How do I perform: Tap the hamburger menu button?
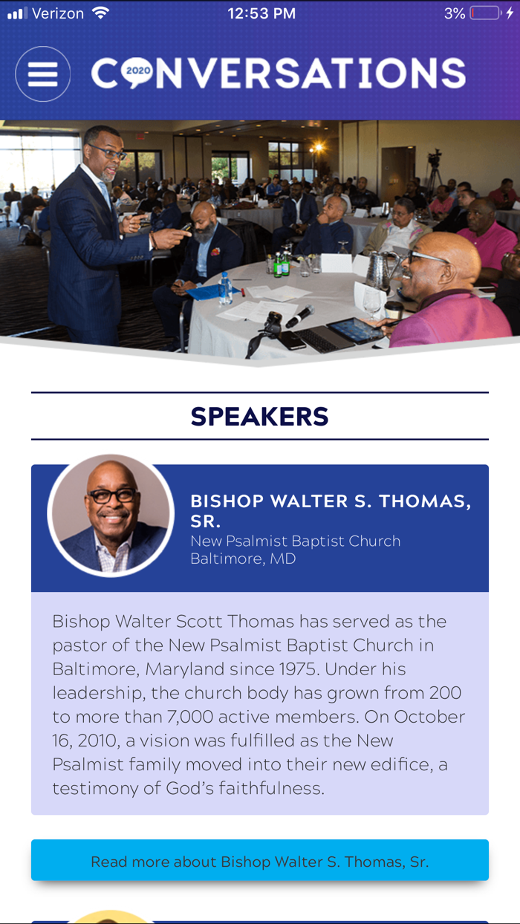point(42,74)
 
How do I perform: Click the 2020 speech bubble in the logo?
point(137,72)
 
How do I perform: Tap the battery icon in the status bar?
point(485,13)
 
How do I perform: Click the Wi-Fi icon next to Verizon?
point(100,13)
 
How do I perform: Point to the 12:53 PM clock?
point(261,13)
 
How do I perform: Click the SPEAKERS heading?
point(259,416)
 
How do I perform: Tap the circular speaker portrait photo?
point(111,515)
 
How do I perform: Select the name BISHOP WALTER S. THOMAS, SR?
point(330,511)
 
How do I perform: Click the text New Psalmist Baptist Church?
point(296,541)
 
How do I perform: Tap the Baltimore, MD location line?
point(243,559)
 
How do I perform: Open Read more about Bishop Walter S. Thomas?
point(260,861)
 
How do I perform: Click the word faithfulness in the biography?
point(270,788)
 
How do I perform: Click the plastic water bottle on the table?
point(225,288)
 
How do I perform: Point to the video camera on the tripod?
point(435,158)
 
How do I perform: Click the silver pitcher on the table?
point(379,272)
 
